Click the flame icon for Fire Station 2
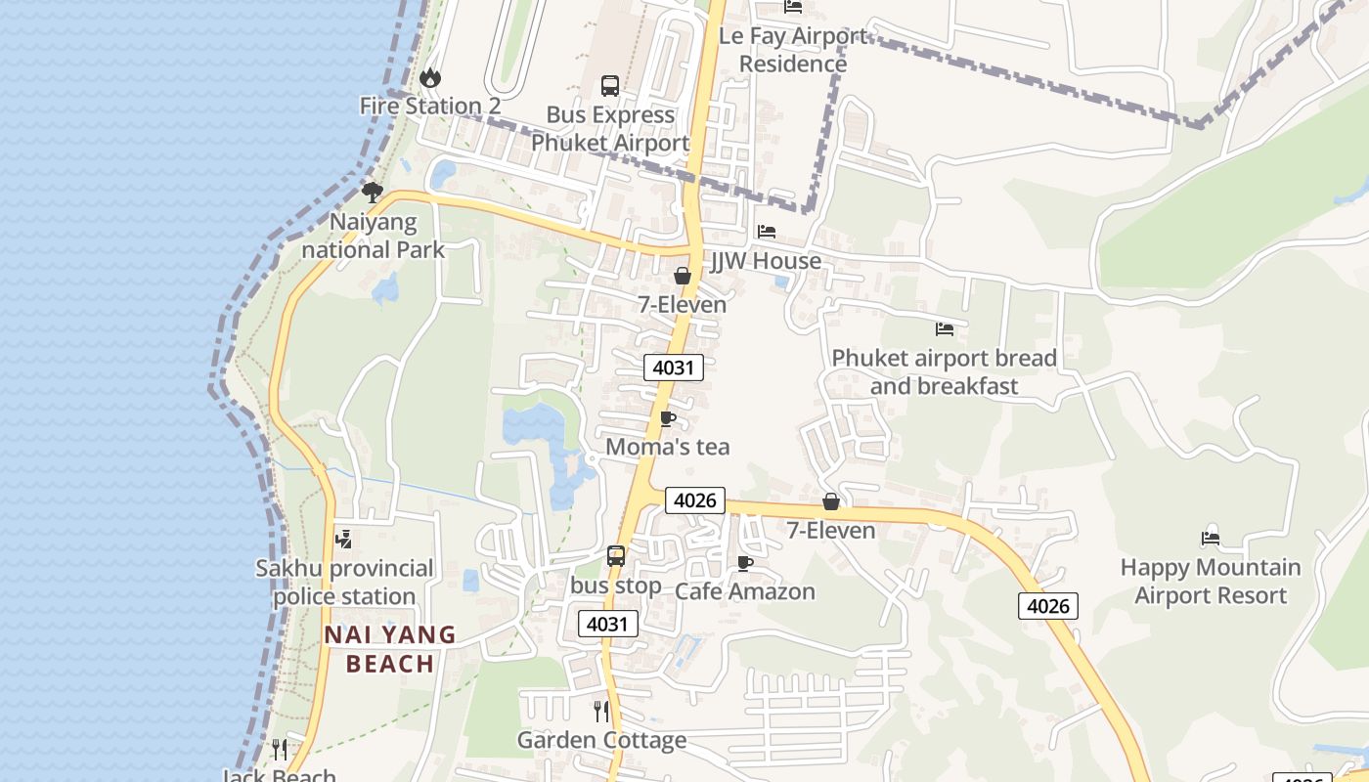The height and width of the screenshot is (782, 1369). click(429, 77)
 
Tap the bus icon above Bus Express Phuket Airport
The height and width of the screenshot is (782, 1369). click(610, 86)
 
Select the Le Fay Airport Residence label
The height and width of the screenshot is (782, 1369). click(793, 50)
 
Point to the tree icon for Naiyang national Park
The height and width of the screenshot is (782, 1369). click(372, 193)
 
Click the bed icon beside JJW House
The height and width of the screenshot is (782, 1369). click(767, 233)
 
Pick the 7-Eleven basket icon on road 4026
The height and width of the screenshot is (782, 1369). click(831, 502)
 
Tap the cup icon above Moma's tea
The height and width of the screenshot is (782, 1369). click(668, 419)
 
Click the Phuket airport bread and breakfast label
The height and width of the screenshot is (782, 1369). click(944, 372)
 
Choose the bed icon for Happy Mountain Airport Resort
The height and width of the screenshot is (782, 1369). click(1211, 537)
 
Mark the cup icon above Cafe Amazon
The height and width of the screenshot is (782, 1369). click(745, 563)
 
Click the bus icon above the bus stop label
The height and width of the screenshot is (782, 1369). click(616, 556)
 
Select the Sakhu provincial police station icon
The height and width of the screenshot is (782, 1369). click(343, 539)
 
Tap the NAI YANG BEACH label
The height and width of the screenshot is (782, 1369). click(390, 650)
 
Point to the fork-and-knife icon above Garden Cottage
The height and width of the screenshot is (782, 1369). click(601, 711)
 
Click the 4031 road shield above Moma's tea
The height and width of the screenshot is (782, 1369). click(674, 368)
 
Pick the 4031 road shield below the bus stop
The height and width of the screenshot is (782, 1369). click(608, 624)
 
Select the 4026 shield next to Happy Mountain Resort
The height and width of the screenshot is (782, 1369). click(1048, 606)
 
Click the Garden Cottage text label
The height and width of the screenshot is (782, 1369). click(601, 740)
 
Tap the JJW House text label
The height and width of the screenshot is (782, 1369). click(766, 261)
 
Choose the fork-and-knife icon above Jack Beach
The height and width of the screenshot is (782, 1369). click(281, 750)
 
